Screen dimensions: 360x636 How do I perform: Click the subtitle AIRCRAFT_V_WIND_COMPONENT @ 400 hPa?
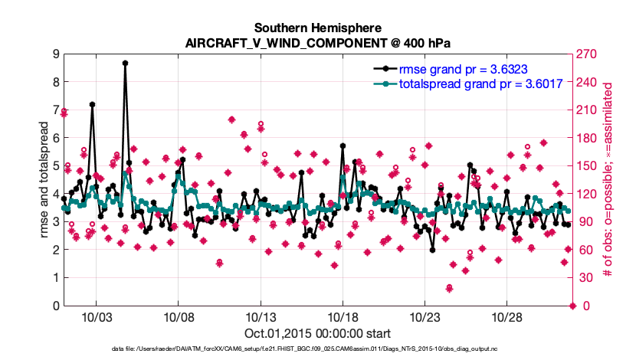click(x=318, y=44)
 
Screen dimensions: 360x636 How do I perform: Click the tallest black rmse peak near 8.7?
click(x=125, y=63)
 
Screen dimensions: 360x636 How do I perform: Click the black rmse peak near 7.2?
click(x=92, y=104)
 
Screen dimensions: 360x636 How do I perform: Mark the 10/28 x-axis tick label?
click(x=506, y=317)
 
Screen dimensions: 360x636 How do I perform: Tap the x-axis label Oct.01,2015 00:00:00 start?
click(x=318, y=333)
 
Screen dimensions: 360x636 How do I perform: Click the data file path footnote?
click(x=318, y=349)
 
